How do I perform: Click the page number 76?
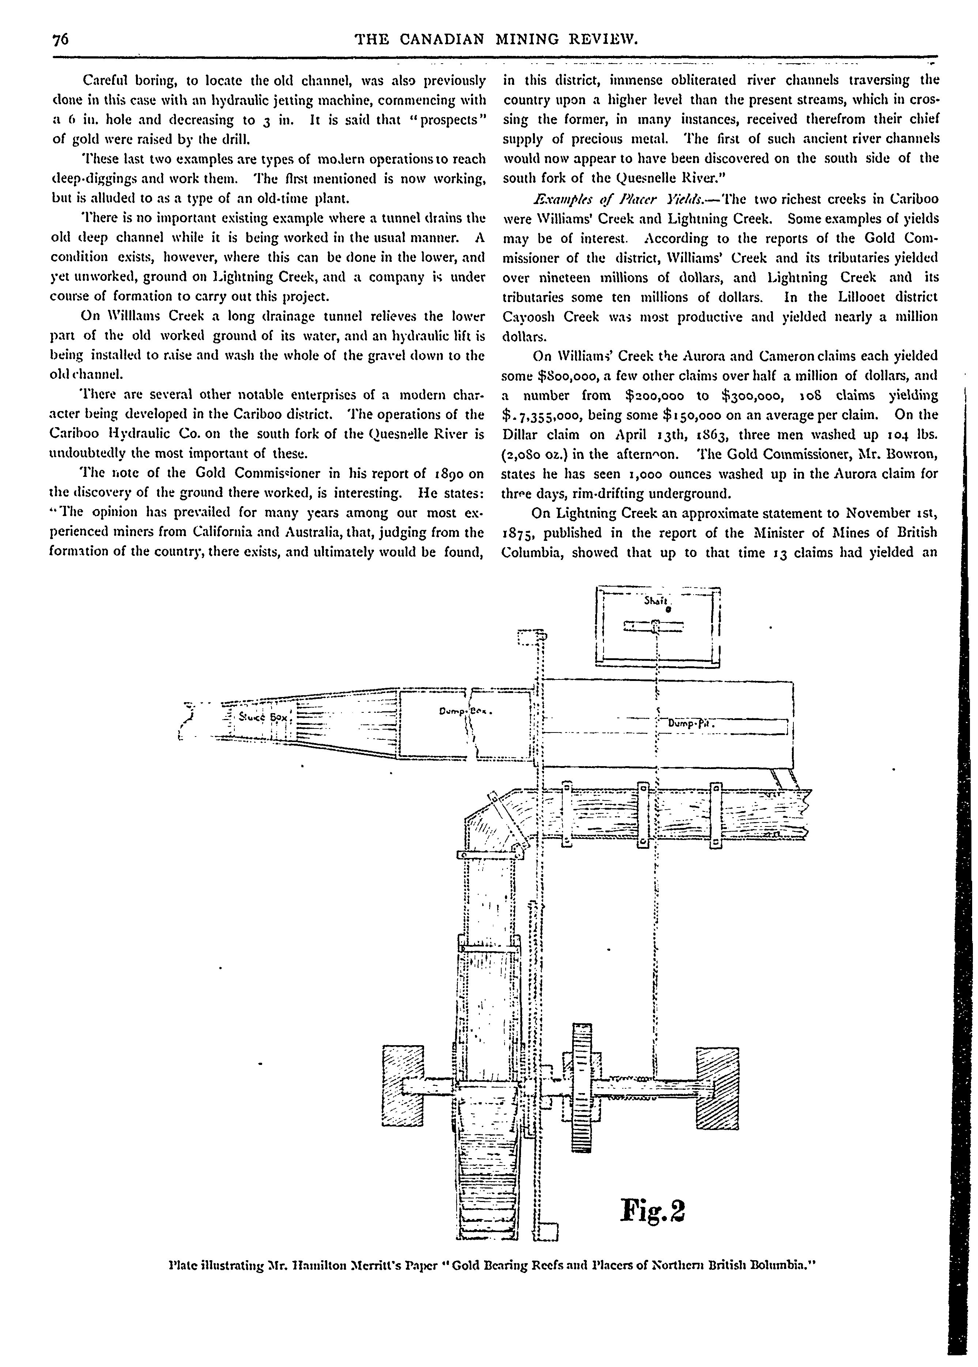pos(61,40)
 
